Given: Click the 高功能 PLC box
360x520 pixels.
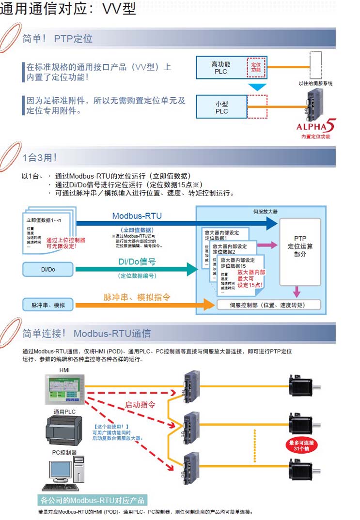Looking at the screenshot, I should pyautogui.click(x=221, y=67).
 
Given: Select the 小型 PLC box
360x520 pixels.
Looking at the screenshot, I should pyautogui.click(x=221, y=107).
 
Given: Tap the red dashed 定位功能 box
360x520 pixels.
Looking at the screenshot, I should pyautogui.click(x=256, y=67).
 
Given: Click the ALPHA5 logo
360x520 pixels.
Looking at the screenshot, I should pyautogui.click(x=315, y=127).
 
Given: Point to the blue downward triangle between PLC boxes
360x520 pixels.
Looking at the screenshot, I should pyautogui.click(x=257, y=87).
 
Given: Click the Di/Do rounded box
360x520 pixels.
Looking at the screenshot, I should pyautogui.click(x=48, y=269).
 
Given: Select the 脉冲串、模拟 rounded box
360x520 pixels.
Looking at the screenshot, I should pyautogui.click(x=48, y=305).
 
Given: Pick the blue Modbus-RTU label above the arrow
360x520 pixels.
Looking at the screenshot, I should pyautogui.click(x=137, y=216).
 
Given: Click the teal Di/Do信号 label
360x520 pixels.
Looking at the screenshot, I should pyautogui.click(x=137, y=261).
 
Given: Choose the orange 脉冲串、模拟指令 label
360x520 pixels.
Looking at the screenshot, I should pyautogui.click(x=137, y=297).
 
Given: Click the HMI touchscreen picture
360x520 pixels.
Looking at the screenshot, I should pyautogui.click(x=64, y=389).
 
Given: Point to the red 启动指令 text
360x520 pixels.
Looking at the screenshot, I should pyautogui.click(x=140, y=404).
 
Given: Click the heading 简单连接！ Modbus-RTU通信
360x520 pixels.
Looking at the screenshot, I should pyautogui.click(x=87, y=333).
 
